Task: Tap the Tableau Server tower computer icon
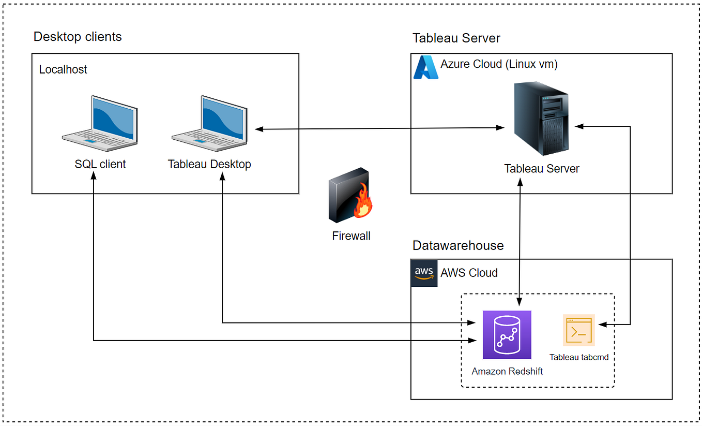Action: coord(541,119)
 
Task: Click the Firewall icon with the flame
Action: coord(351,196)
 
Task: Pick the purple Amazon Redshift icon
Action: coord(507,335)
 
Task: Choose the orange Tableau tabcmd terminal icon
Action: coord(579,330)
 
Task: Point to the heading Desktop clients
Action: coord(78,37)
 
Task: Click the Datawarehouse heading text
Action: coord(458,245)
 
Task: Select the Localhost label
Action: coord(63,69)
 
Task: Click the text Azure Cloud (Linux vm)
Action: coord(499,64)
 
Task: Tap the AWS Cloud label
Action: coord(469,273)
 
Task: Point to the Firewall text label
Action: coord(351,236)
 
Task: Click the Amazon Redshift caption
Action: coord(507,371)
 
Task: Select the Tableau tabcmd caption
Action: coord(579,357)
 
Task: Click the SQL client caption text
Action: coord(100,165)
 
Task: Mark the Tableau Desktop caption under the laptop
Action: coord(209,165)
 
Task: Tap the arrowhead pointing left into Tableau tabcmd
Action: coord(601,325)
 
